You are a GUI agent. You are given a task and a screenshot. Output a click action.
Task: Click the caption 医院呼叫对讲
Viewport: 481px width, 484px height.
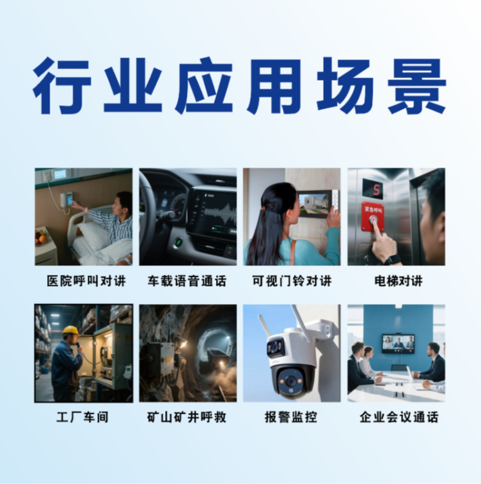(x=86, y=281)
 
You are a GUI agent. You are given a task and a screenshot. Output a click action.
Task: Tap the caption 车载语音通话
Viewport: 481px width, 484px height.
(x=187, y=281)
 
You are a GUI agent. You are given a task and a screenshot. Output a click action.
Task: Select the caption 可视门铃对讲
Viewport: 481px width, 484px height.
(x=291, y=281)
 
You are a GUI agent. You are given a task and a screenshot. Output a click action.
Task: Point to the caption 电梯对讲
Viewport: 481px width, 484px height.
(x=398, y=281)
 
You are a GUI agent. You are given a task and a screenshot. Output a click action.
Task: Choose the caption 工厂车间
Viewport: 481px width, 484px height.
(x=83, y=417)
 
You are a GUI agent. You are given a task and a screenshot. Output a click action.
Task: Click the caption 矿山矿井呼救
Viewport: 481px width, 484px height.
(x=187, y=417)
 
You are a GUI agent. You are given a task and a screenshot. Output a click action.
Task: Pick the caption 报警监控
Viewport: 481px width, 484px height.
(x=291, y=417)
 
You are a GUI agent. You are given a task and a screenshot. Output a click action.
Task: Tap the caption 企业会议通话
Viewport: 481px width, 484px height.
(x=399, y=417)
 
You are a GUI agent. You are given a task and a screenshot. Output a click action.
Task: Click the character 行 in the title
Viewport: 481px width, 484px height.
(x=62, y=85)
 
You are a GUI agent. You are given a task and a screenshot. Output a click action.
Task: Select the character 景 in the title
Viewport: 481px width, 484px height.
(x=417, y=85)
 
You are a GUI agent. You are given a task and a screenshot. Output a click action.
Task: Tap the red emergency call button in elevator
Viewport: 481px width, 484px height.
(x=373, y=220)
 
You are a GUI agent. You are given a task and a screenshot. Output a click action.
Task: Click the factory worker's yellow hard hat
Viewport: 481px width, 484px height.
(x=71, y=331)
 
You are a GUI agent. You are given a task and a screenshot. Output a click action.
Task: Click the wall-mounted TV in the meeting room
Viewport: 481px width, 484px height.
(x=398, y=343)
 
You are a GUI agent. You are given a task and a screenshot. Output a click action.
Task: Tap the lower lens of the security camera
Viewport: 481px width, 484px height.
(x=290, y=381)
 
